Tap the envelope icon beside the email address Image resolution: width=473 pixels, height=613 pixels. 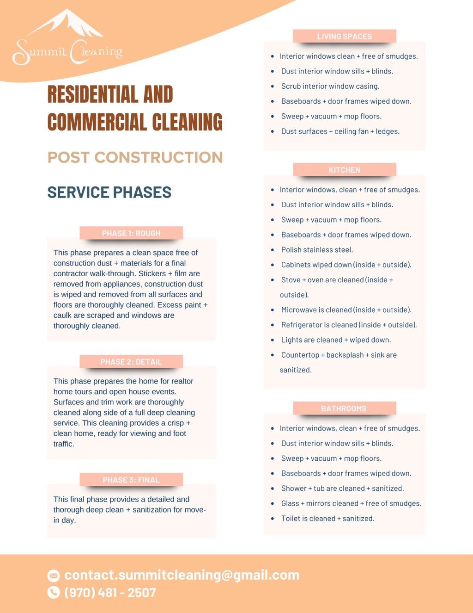[x=54, y=575]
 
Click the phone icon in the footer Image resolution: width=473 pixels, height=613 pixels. [x=54, y=592]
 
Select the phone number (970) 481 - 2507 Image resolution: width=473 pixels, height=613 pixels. [x=110, y=593]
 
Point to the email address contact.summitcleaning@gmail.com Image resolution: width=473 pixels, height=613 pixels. [x=182, y=575]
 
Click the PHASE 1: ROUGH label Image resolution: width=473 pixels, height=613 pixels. [x=131, y=233]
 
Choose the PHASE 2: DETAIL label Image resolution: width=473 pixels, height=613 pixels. [x=131, y=362]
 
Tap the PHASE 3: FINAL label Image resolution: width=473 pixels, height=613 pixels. [x=131, y=480]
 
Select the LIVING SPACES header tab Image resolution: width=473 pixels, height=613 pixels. [x=345, y=37]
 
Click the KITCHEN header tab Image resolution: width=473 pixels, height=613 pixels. [x=345, y=170]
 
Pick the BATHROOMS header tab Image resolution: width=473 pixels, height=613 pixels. [x=345, y=409]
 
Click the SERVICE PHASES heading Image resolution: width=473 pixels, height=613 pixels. [x=109, y=192]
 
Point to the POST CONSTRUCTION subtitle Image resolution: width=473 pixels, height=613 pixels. [x=135, y=157]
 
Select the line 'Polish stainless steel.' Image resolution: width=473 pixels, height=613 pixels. [x=317, y=250]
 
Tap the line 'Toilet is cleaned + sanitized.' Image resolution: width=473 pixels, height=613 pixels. [x=327, y=519]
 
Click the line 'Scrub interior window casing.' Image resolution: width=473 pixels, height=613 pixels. [x=330, y=87]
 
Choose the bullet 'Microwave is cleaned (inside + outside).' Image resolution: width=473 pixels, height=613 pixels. [x=346, y=310]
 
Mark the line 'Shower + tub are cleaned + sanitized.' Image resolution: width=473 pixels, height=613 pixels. [x=342, y=489]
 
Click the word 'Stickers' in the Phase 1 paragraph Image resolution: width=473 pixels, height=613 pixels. [x=152, y=273]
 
